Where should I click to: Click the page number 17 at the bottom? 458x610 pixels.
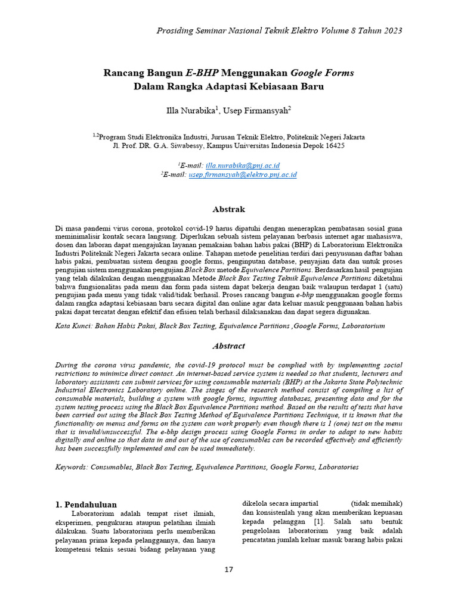coord(229,569)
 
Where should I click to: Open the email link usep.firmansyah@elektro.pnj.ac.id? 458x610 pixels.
coord(243,175)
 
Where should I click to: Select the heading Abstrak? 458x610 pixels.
coord(229,209)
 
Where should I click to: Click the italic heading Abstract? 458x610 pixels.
coord(229,346)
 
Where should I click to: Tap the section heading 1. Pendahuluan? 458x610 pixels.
coord(86,505)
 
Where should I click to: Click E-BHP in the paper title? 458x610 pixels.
coord(203,73)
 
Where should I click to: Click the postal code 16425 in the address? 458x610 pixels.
coord(333,145)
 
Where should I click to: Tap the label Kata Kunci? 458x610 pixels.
coord(73,326)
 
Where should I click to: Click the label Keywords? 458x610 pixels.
coord(72,468)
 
